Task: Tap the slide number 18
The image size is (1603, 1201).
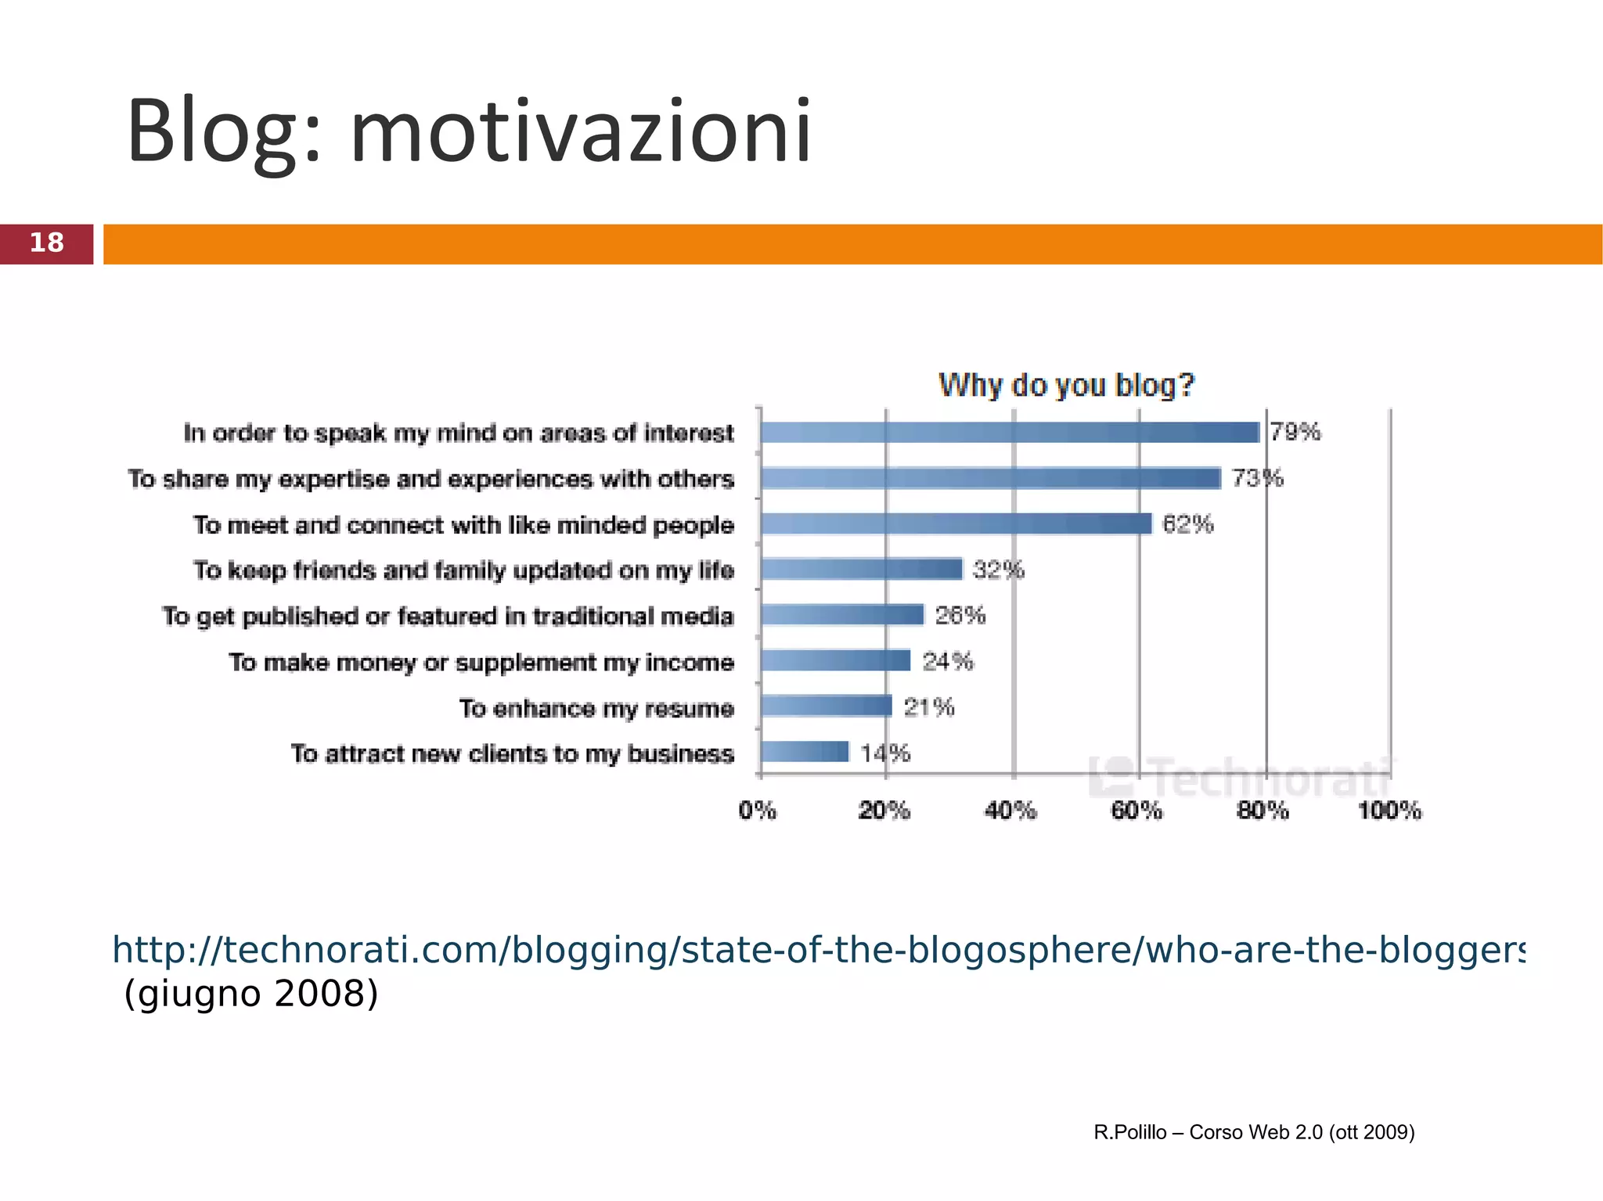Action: (46, 243)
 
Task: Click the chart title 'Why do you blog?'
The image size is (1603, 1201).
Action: (1066, 385)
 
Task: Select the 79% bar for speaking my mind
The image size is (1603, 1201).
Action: (1010, 432)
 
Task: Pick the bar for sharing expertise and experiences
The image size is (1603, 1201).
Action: (990, 478)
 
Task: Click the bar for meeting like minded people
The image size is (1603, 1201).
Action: (956, 523)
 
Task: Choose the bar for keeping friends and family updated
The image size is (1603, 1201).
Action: (861, 569)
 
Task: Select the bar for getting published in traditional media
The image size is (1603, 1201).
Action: (842, 615)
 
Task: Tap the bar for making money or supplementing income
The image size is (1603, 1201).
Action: (835, 661)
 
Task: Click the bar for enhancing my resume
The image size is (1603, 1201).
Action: (826, 707)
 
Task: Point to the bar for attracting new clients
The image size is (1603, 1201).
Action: (805, 752)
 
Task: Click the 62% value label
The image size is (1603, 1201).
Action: (1187, 524)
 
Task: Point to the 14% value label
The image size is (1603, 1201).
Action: (885, 753)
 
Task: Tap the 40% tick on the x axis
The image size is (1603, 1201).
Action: (1010, 811)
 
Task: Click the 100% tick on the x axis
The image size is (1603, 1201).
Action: (1389, 811)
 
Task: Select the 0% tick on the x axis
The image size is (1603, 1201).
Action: (758, 811)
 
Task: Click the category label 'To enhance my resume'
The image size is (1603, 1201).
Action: (596, 708)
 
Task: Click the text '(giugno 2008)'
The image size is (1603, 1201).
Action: (251, 994)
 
